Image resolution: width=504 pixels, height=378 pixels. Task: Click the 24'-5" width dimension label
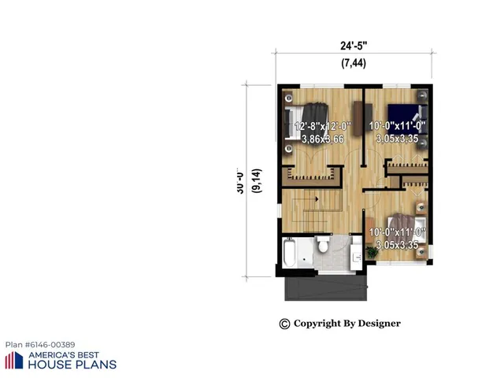coord(353,45)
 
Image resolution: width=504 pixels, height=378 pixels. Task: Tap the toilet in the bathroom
coord(322,247)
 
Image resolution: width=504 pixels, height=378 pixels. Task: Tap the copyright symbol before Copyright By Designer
coord(284,324)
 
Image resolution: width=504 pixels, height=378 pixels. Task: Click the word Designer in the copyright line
coord(380,324)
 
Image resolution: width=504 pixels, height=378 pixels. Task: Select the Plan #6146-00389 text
coord(40,345)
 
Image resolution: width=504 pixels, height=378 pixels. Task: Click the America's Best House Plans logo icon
coord(13,361)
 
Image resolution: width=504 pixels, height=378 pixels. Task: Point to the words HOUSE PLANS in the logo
coord(72,365)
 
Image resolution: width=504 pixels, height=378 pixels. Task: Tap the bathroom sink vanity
coord(340,253)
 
